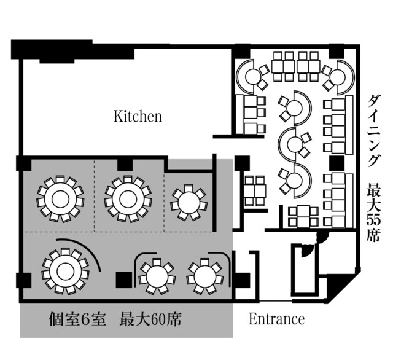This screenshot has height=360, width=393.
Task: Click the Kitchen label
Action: click(x=138, y=116)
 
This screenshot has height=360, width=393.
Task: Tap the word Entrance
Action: click(x=277, y=319)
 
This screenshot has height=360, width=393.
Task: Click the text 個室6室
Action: click(x=77, y=319)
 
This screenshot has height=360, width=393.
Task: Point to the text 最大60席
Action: click(x=150, y=319)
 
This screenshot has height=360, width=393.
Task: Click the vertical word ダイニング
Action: click(x=373, y=131)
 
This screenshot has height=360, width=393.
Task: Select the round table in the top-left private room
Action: click(x=60, y=199)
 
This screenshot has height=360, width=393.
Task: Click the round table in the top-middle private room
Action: click(x=128, y=199)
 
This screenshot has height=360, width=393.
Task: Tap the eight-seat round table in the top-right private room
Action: click(x=189, y=203)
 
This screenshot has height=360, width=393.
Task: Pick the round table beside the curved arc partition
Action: click(x=66, y=272)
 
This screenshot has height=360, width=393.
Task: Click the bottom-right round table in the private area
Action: click(x=205, y=276)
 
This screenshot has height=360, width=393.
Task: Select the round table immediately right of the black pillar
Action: click(x=157, y=276)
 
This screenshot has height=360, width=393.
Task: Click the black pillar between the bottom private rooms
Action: click(x=124, y=280)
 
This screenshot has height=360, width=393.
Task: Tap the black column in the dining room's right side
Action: click(x=337, y=162)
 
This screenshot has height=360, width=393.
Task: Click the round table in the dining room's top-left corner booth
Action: click(x=252, y=77)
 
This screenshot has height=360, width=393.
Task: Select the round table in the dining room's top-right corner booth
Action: click(x=338, y=77)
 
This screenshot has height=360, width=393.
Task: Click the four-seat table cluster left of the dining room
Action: click(x=255, y=191)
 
